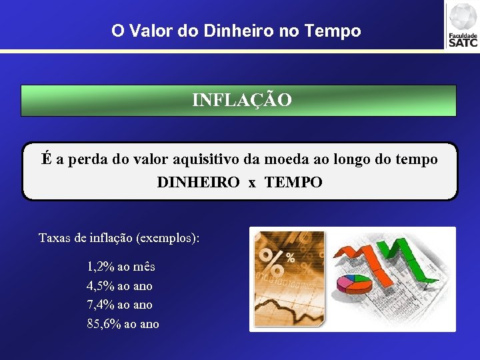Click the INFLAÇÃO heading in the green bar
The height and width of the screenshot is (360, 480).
click(241, 100)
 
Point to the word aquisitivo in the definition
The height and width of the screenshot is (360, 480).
click(203, 160)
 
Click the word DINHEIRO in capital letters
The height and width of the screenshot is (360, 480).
click(198, 182)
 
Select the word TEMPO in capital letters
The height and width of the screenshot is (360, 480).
click(293, 182)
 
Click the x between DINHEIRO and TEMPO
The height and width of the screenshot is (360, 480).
click(252, 183)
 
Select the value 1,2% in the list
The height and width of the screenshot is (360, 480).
click(101, 267)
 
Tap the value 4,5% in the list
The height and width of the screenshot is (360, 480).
click(101, 286)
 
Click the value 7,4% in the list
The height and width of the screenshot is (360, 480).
click(101, 305)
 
